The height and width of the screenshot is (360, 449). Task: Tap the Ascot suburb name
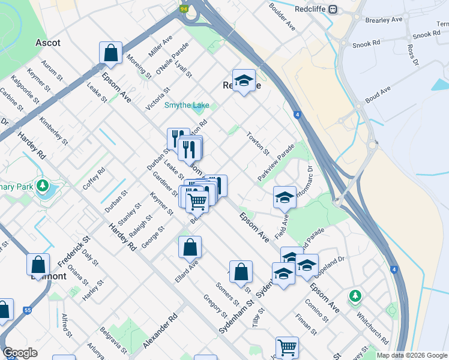[48, 43]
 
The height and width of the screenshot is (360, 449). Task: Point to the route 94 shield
[184, 9]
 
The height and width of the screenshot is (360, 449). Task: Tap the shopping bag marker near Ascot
[111, 53]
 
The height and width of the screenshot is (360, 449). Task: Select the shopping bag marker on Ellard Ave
[190, 247]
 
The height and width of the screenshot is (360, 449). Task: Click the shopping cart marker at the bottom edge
[287, 347]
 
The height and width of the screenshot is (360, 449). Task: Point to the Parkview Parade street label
[276, 163]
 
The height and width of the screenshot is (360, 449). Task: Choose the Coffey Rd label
[94, 178]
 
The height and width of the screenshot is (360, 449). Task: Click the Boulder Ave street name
[283, 17]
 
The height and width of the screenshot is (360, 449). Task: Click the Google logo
[20, 353]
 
